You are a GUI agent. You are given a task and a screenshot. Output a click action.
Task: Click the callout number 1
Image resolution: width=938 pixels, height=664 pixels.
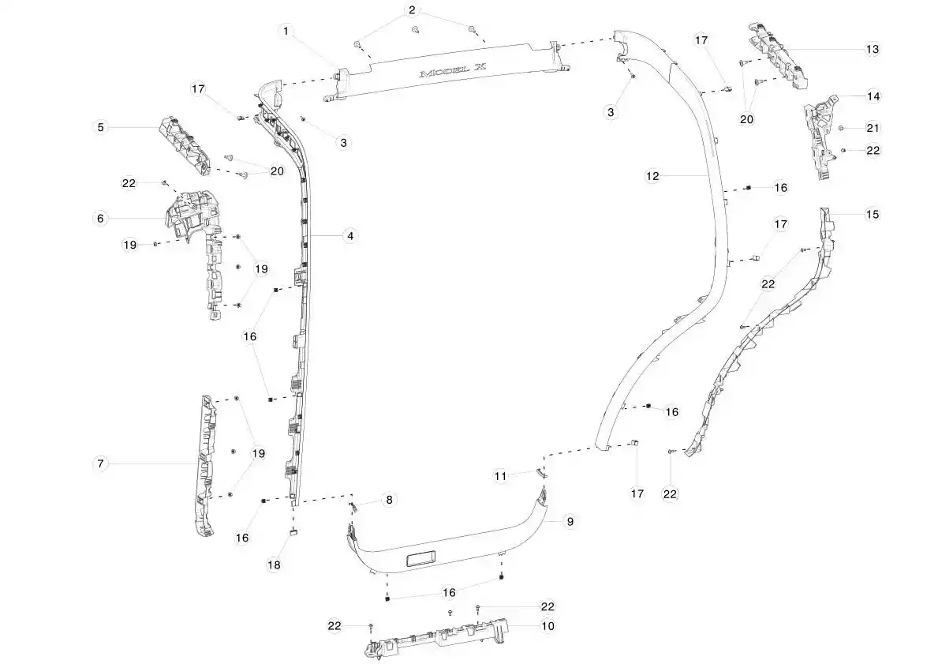coord(286,31)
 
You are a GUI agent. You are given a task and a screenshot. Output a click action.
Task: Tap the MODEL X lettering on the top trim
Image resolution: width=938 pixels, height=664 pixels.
coord(453,71)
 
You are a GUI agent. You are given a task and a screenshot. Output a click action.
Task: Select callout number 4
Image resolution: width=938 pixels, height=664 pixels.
coord(350,236)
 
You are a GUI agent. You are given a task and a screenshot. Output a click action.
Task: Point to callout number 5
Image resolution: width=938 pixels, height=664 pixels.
coord(100,127)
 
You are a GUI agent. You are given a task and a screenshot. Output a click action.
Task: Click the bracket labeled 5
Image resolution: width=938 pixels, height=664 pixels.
coord(185,145)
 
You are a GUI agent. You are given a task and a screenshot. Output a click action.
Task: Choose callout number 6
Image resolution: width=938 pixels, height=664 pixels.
coord(100,219)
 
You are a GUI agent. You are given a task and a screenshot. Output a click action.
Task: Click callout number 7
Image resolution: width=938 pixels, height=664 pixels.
coord(100,463)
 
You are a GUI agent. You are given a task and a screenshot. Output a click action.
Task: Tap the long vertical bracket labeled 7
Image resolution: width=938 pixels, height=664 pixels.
coord(205,465)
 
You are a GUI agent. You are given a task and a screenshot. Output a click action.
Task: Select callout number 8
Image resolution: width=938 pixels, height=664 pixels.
coord(390,499)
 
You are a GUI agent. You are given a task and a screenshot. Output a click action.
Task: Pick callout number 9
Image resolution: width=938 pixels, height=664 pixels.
coord(570,522)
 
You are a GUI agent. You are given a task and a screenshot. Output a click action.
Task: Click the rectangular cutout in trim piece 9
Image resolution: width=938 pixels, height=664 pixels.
coord(422,560)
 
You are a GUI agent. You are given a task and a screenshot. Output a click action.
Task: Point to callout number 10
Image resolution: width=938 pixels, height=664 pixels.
coord(547,625)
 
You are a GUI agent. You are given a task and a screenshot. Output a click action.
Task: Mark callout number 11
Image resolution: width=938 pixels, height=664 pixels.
coord(501,476)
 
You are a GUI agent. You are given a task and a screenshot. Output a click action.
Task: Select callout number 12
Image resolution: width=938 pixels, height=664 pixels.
coord(652,176)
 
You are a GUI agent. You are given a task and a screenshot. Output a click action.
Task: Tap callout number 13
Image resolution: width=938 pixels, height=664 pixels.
coord(873,49)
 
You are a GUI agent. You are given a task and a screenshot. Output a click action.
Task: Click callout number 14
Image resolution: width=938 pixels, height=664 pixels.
coord(873,96)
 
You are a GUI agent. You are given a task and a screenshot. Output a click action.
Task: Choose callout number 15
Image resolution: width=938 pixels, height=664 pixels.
coord(873,214)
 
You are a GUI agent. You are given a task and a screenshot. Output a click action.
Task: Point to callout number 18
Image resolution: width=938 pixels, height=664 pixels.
coord(274,565)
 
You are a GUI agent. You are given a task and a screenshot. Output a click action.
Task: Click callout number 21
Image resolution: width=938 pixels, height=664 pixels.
coord(873,128)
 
